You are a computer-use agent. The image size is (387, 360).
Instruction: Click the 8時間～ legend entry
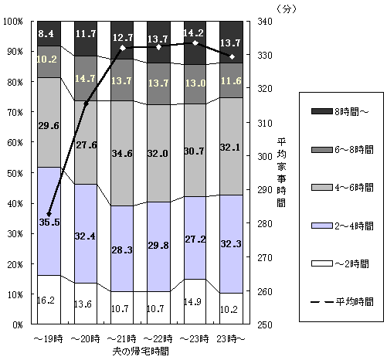tap(340, 111)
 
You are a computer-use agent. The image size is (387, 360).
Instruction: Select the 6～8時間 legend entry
tap(342, 149)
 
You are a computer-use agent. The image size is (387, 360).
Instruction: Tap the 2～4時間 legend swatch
tap(322, 226)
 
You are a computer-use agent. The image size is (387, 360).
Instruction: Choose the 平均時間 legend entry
tap(342, 301)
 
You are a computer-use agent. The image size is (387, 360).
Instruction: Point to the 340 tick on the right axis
tap(265, 21)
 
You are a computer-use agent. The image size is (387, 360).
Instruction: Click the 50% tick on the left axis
tap(15, 173)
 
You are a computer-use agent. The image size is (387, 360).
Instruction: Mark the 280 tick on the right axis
tap(265, 223)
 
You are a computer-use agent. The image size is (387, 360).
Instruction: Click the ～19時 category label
tap(49, 339)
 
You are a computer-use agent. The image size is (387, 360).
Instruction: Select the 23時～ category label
tap(231, 339)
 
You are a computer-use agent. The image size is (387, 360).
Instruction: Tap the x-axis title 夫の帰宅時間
tap(141, 351)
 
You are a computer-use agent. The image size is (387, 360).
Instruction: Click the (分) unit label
tap(287, 9)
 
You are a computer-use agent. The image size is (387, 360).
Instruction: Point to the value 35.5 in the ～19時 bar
tap(49, 222)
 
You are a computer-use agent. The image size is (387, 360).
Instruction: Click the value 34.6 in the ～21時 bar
tap(122, 154)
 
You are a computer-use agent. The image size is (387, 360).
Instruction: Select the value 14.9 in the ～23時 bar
tap(192, 301)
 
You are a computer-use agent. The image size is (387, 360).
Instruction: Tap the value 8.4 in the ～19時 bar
tap(46, 33)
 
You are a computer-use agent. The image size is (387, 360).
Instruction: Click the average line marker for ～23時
tap(195, 42)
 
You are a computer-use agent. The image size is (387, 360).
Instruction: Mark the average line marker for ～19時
tap(49, 214)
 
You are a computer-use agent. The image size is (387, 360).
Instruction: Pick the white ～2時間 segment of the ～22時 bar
tap(158, 307)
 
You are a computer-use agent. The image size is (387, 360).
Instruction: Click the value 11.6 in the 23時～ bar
tap(231, 81)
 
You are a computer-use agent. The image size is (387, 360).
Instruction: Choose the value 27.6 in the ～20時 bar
tap(87, 145)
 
